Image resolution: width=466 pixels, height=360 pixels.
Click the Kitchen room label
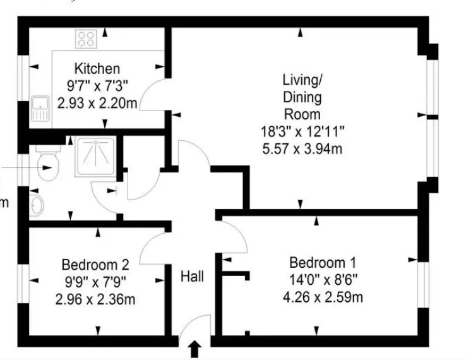coord(97,69)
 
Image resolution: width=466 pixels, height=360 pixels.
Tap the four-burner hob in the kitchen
coord(86,39)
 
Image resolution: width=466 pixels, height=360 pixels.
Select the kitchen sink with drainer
coord(40,109)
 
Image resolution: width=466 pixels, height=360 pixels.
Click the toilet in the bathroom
coord(48,163)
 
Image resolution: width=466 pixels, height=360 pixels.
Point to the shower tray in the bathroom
coord(95,157)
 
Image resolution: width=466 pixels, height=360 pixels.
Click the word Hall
coord(193,277)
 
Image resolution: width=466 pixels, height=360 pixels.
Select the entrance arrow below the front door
coord(194,349)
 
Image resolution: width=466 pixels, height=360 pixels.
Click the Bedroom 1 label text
coord(323,263)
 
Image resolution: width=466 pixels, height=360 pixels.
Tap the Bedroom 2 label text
coord(95,265)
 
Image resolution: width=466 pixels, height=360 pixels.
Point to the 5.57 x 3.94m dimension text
coord(302,148)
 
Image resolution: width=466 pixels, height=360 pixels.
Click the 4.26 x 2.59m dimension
coord(323,297)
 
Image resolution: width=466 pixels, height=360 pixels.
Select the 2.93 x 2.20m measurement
coord(97,104)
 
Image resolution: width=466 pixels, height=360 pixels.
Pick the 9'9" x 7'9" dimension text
coord(95,282)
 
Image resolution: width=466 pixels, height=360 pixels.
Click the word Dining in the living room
coord(302,97)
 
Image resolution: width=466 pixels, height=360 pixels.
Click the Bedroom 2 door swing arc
coord(148,241)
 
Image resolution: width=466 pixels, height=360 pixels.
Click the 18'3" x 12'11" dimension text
coord(302,131)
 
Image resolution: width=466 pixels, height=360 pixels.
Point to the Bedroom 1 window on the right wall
coord(423,285)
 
